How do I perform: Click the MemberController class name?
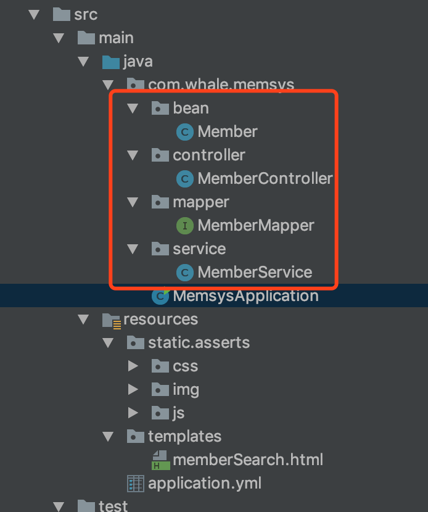click(265, 179)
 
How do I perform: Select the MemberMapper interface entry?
click(255, 226)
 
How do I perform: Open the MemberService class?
click(254, 273)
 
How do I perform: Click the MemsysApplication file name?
click(245, 296)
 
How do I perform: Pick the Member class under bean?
click(227, 132)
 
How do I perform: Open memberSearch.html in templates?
click(247, 460)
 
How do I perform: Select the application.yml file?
click(204, 484)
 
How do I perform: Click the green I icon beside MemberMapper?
click(184, 226)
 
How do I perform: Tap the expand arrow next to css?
click(133, 366)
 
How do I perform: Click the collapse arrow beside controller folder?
click(133, 155)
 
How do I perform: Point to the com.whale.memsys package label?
click(221, 85)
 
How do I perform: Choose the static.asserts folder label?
click(199, 343)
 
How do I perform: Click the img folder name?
click(186, 390)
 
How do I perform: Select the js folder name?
click(178, 413)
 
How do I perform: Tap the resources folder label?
click(160, 320)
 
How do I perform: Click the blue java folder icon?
click(110, 62)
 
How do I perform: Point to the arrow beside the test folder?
click(59, 506)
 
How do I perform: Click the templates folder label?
click(184, 437)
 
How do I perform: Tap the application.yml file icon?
click(135, 484)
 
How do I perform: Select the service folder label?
click(199, 249)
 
